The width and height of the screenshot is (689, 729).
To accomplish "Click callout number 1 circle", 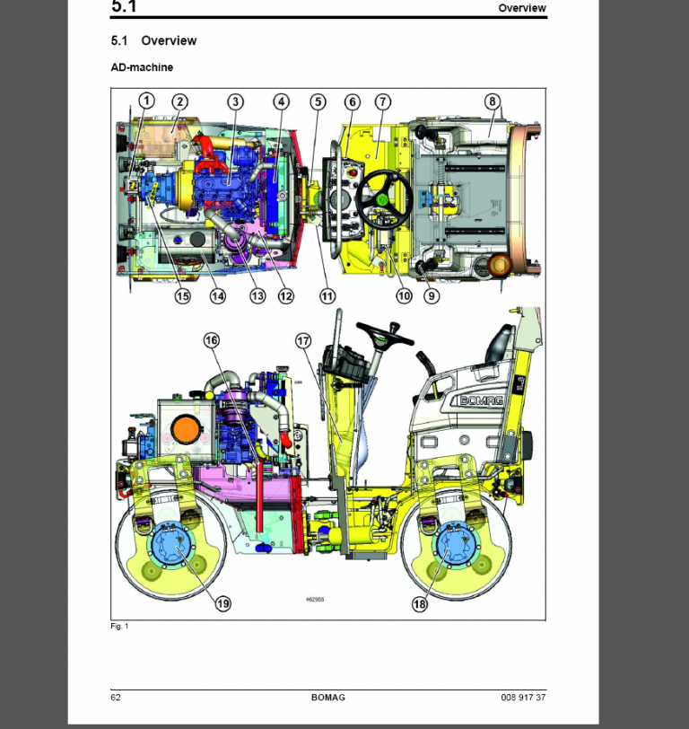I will [x=146, y=101].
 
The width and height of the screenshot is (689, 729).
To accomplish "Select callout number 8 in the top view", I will [x=492, y=101].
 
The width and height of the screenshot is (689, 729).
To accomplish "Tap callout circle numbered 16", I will [x=212, y=339].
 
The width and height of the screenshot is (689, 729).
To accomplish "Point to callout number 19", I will [x=222, y=604].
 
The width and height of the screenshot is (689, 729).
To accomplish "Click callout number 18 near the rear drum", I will [x=420, y=604].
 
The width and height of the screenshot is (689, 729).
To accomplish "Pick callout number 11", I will [x=327, y=295].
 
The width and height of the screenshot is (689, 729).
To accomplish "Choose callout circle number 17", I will [x=303, y=340].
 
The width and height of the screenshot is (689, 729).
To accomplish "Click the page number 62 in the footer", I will [x=116, y=698].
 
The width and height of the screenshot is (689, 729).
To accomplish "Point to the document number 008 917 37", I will [x=523, y=698].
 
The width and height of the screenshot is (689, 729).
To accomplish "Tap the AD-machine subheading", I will [x=142, y=67].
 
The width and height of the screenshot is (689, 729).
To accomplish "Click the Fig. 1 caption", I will [x=119, y=627].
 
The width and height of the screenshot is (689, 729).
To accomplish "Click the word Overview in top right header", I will [x=522, y=8].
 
